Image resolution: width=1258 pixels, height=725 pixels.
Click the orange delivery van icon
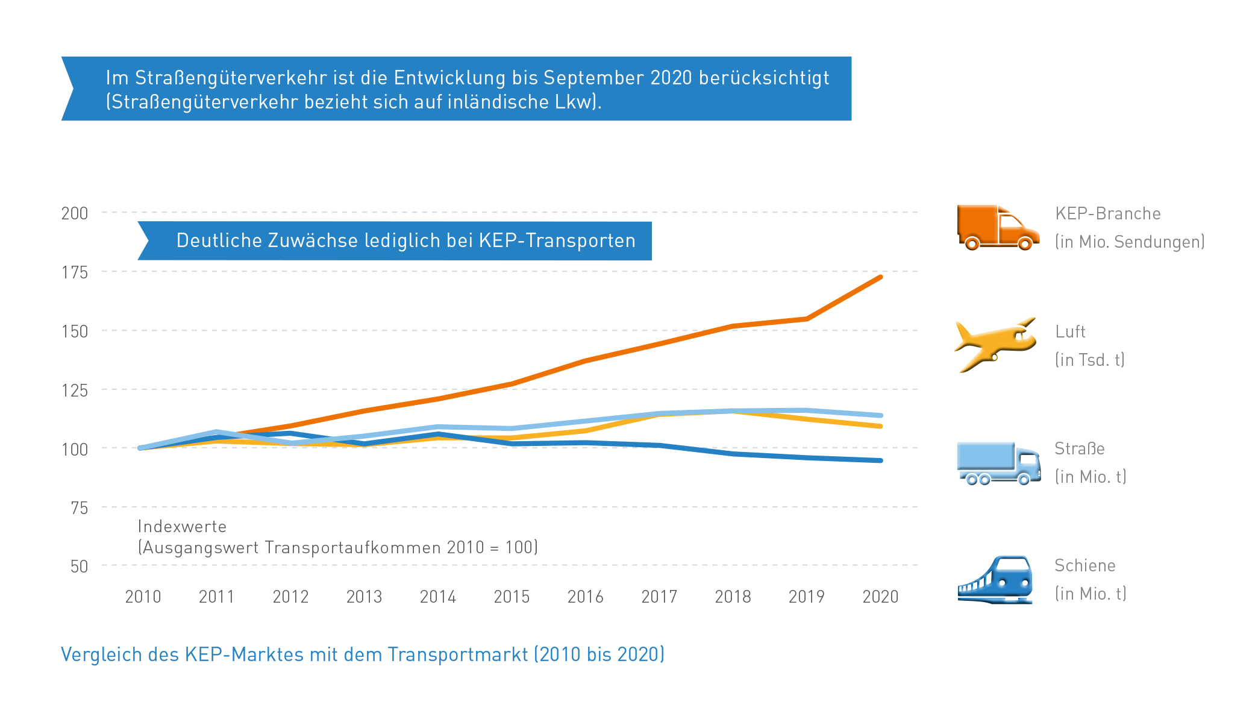pos(997,228)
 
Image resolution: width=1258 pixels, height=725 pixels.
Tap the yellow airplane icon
pos(995,345)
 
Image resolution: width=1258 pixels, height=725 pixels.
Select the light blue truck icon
pos(998,463)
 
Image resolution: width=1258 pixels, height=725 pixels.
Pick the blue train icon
pos(996,580)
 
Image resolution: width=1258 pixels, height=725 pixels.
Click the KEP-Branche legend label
pos(1107,214)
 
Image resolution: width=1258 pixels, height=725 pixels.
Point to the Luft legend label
pos(1070,332)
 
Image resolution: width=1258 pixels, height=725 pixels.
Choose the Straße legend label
pos(1079,449)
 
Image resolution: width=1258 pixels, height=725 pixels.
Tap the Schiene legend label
pos(1084,566)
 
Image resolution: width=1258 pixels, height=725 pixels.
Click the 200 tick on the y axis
pos(75,213)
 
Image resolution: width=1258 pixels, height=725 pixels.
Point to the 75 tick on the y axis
pos(79,508)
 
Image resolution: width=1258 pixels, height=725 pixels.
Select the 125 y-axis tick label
pos(75,391)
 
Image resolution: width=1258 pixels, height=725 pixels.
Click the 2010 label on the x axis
pos(143,597)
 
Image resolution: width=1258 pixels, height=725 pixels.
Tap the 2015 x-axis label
pos(512,597)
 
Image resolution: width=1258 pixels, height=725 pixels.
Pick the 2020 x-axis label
pos(880,597)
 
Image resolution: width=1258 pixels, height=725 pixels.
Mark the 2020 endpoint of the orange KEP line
pos(881,277)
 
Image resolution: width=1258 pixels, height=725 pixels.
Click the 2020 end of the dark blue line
pos(881,460)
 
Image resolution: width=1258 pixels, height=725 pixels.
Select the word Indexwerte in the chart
pos(182,527)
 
